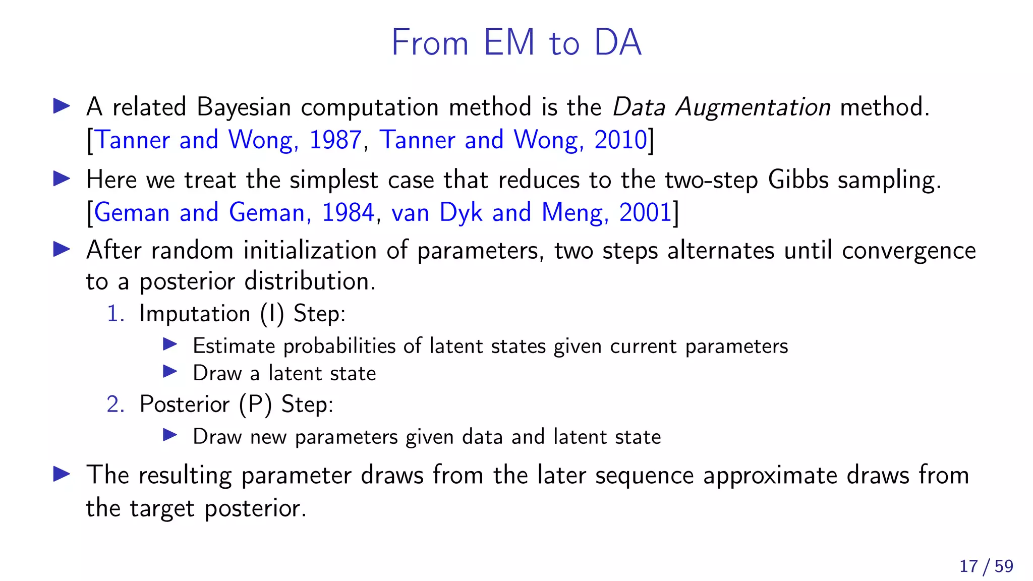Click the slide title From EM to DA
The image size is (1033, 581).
516,42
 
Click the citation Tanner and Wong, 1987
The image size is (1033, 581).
228,140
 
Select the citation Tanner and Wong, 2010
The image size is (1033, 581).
513,140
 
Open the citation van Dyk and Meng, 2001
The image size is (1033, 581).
532,212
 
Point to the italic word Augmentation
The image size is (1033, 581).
753,107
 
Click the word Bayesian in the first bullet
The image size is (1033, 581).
244,107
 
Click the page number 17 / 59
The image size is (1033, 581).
986,566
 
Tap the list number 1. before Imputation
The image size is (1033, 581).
116,314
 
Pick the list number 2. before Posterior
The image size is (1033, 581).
116,404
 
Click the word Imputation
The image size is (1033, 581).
195,314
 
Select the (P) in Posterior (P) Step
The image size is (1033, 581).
255,404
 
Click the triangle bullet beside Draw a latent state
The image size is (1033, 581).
170,372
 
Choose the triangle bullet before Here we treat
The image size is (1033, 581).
62,179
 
